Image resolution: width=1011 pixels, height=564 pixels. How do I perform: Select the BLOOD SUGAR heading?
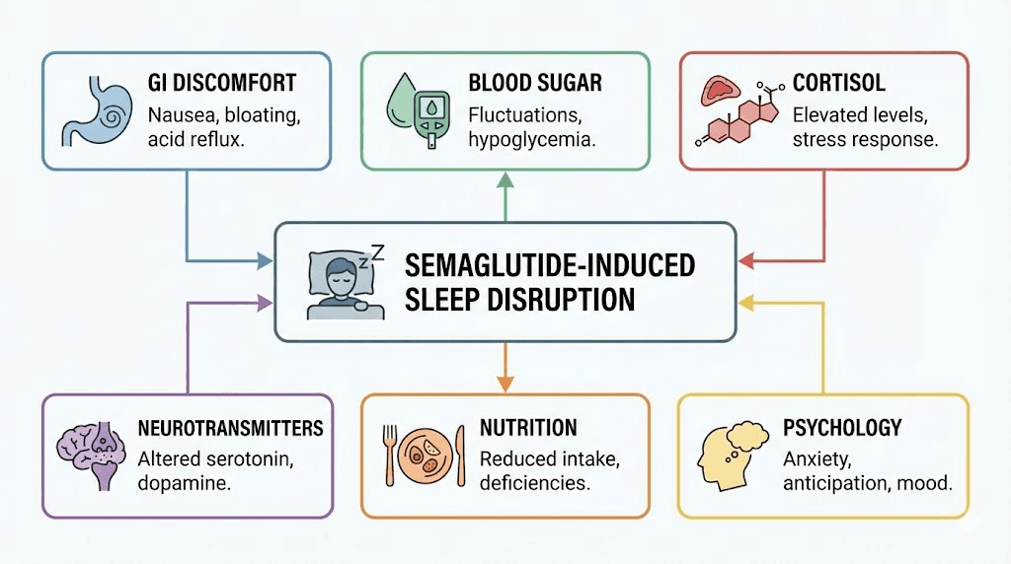(x=536, y=85)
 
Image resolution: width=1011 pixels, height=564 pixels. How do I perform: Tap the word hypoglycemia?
(x=531, y=141)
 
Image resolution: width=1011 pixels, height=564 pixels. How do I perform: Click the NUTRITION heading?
(x=528, y=428)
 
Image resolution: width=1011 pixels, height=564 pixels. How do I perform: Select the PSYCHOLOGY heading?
(x=842, y=428)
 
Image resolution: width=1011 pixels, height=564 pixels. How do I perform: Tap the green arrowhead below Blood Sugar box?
(x=505, y=179)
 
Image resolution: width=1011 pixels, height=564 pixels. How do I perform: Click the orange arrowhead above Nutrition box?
(x=505, y=382)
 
